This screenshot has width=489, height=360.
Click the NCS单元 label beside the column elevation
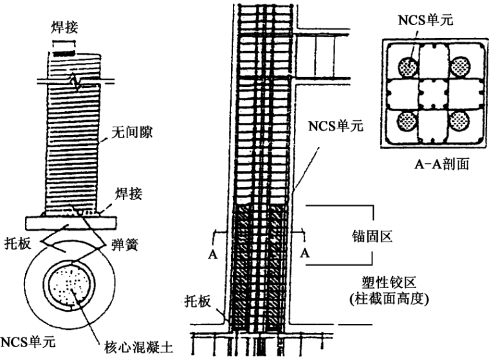pos(335,125)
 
